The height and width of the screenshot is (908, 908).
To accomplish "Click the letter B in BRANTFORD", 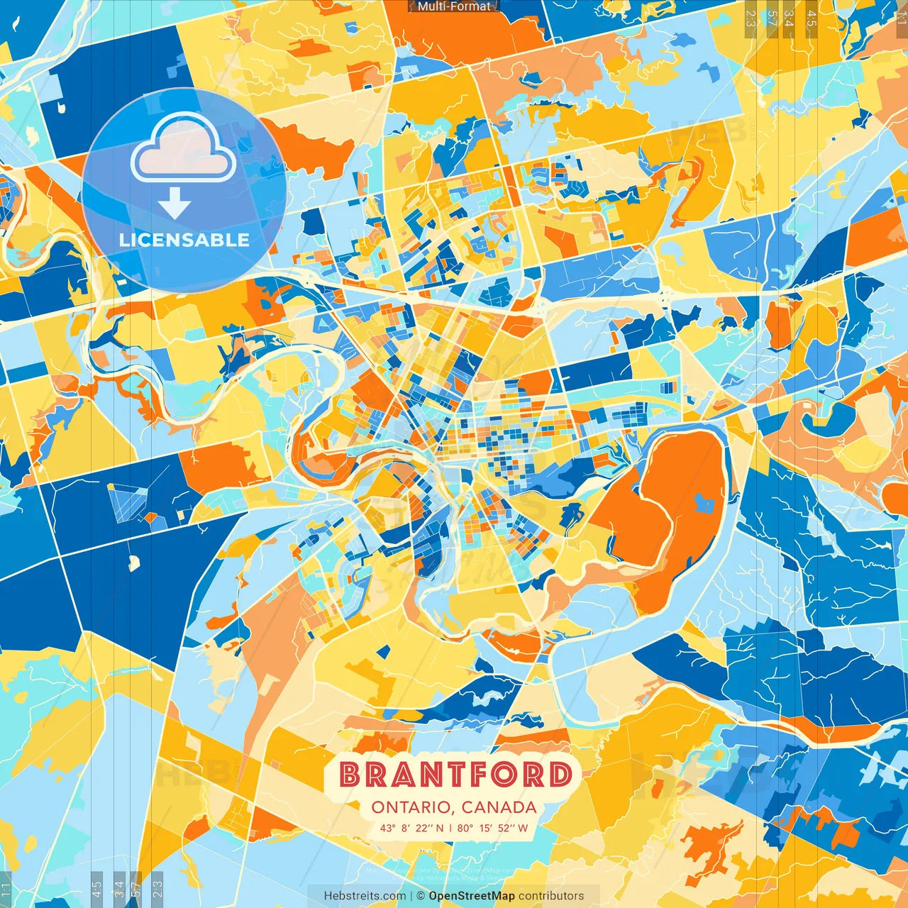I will [349, 775].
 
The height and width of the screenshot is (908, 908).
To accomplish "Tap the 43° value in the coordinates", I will [388, 828].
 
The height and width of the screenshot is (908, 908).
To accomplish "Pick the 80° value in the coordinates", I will [465, 828].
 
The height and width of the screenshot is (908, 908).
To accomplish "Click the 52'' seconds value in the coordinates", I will [505, 828].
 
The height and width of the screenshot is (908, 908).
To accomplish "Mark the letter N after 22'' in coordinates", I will [440, 828].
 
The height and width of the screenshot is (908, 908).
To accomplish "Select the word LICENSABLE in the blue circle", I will [184, 240].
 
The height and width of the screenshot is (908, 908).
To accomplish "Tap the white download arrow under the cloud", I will [175, 204].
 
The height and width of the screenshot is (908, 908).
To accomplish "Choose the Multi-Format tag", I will [454, 6].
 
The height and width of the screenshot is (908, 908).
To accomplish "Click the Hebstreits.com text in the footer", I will [365, 896].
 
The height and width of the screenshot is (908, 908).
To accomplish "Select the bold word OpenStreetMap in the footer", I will [472, 896].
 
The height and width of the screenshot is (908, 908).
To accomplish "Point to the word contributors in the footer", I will [551, 896].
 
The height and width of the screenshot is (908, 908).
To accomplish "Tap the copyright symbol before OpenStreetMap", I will [421, 896].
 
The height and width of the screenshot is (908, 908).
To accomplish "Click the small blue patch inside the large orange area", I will [704, 503].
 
